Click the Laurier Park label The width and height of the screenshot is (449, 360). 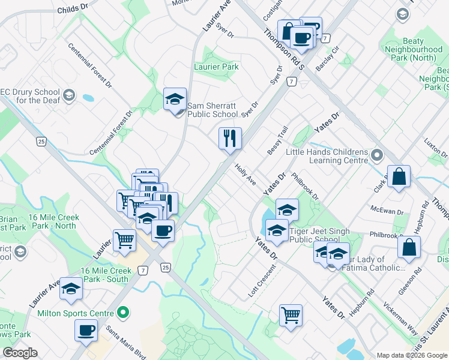[x=216, y=67]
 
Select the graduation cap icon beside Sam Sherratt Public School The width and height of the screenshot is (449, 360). [x=175, y=99]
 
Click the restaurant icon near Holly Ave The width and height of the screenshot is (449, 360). [x=229, y=139]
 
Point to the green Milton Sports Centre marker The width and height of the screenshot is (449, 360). [x=123, y=313]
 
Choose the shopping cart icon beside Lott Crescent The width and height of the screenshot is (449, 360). [x=291, y=314]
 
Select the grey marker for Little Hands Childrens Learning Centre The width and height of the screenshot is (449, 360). [x=377, y=156]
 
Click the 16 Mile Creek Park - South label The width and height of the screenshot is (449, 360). [x=105, y=275]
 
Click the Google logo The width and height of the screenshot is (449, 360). [x=20, y=353]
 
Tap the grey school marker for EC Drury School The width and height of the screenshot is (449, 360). [x=69, y=95]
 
